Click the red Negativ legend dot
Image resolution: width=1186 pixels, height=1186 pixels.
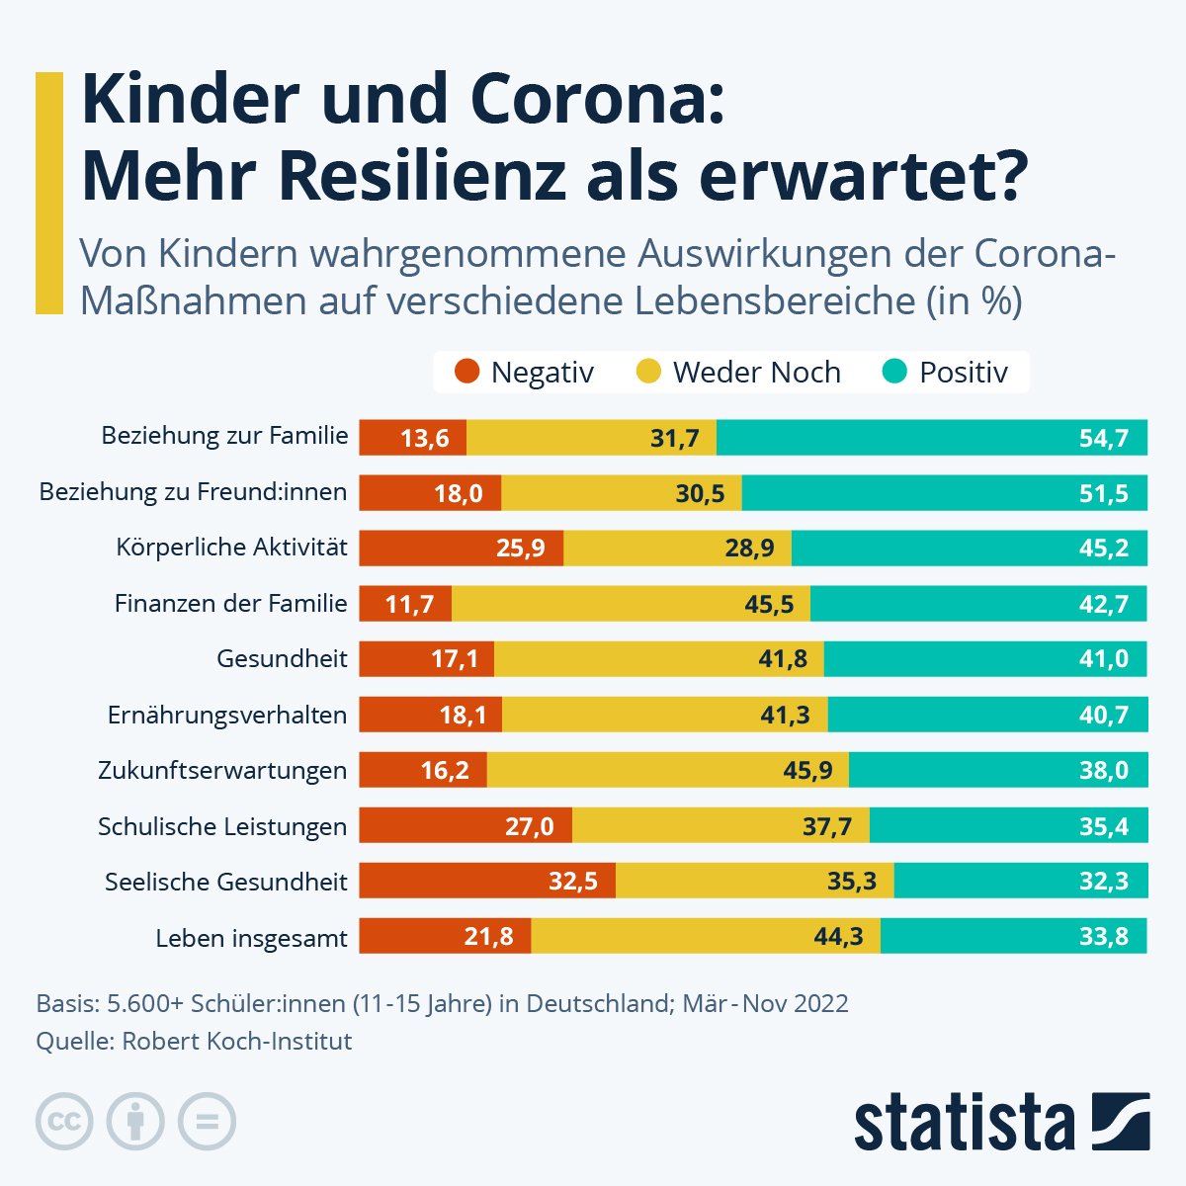pyautogui.click(x=466, y=373)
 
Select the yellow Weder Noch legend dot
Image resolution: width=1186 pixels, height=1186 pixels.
pyautogui.click(x=648, y=373)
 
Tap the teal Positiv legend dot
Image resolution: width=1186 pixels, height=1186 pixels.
pyautogui.click(x=894, y=373)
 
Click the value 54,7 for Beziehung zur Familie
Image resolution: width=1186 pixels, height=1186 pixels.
pyautogui.click(x=1103, y=438)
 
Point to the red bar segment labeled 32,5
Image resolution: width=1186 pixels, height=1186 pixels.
pyautogui.click(x=487, y=881)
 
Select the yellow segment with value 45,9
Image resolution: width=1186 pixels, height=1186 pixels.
pyautogui.click(x=667, y=770)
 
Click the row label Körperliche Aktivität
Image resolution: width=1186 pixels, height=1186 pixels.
pyautogui.click(x=231, y=548)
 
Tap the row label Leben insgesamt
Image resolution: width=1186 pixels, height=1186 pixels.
pyautogui.click(x=251, y=938)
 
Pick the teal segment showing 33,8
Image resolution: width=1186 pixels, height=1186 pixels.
pyautogui.click(x=1013, y=936)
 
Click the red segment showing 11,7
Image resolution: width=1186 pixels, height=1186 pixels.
pyautogui.click(x=405, y=604)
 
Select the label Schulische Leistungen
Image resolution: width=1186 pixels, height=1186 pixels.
pyautogui.click(x=222, y=826)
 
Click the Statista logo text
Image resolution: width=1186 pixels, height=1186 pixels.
pyautogui.click(x=965, y=1124)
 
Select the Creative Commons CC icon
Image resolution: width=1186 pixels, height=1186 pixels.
pyautogui.click(x=64, y=1122)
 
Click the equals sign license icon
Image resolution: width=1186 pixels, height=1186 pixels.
pyautogui.click(x=207, y=1122)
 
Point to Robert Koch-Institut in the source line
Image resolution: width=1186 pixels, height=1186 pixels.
pyautogui.click(x=236, y=1041)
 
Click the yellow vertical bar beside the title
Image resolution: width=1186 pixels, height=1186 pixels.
pyautogui.click(x=48, y=193)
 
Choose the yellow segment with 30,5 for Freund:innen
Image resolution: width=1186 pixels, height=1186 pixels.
pyautogui.click(x=622, y=493)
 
